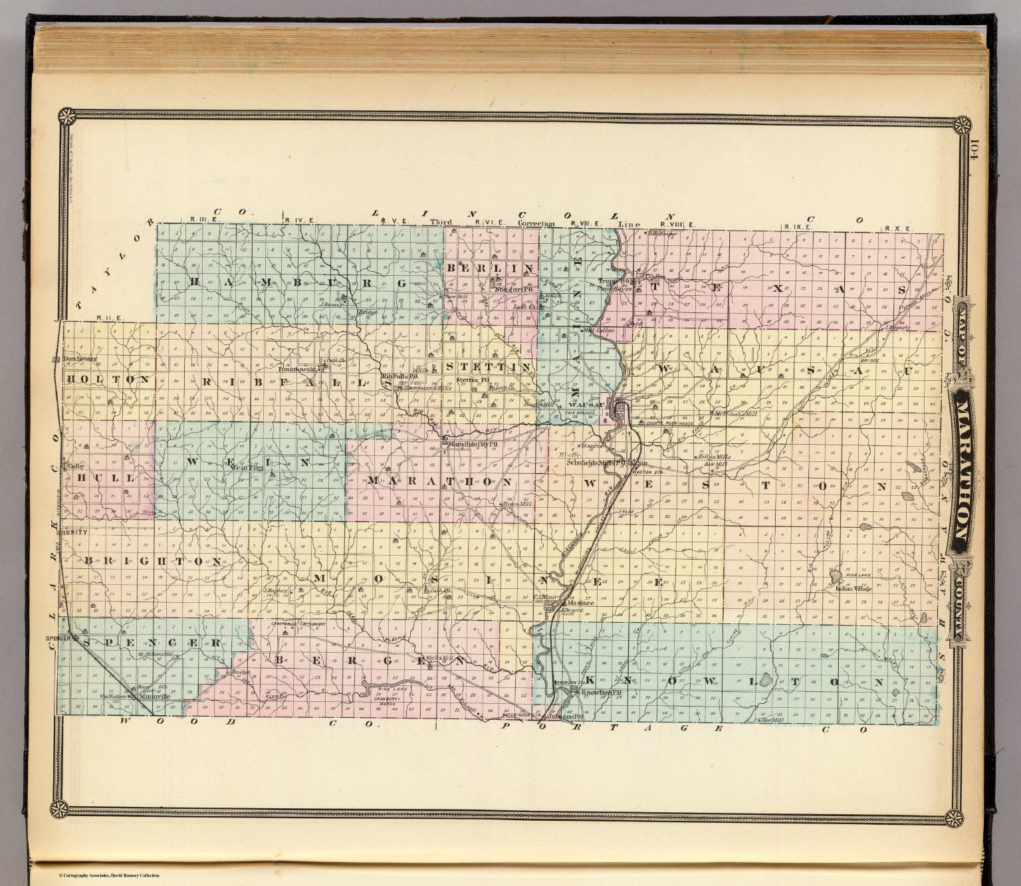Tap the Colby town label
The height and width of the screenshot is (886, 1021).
[x=76, y=467]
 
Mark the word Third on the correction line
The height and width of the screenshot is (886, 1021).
[x=441, y=223]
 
